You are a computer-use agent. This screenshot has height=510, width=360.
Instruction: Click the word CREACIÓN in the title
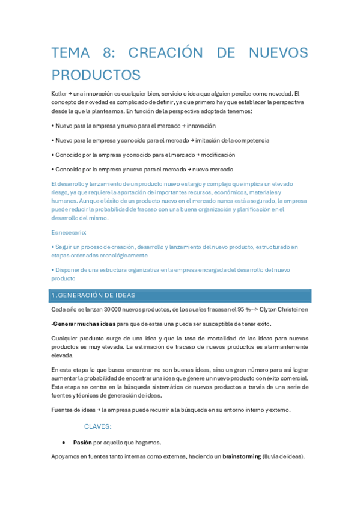click(x=167, y=53)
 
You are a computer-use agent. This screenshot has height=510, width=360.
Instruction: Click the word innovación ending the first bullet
click(x=201, y=126)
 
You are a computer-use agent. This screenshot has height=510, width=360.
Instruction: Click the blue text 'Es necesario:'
click(x=69, y=232)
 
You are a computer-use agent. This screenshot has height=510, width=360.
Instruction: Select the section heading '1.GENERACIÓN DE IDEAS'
click(x=93, y=295)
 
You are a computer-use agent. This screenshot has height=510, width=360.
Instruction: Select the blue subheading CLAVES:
click(x=97, y=426)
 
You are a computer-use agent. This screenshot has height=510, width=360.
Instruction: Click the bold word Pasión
click(x=82, y=442)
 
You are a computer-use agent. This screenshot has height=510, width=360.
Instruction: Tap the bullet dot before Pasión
click(x=63, y=442)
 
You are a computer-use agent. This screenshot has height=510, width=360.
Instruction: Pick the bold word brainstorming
click(x=242, y=456)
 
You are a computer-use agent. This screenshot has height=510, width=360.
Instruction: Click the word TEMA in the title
click(x=70, y=53)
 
